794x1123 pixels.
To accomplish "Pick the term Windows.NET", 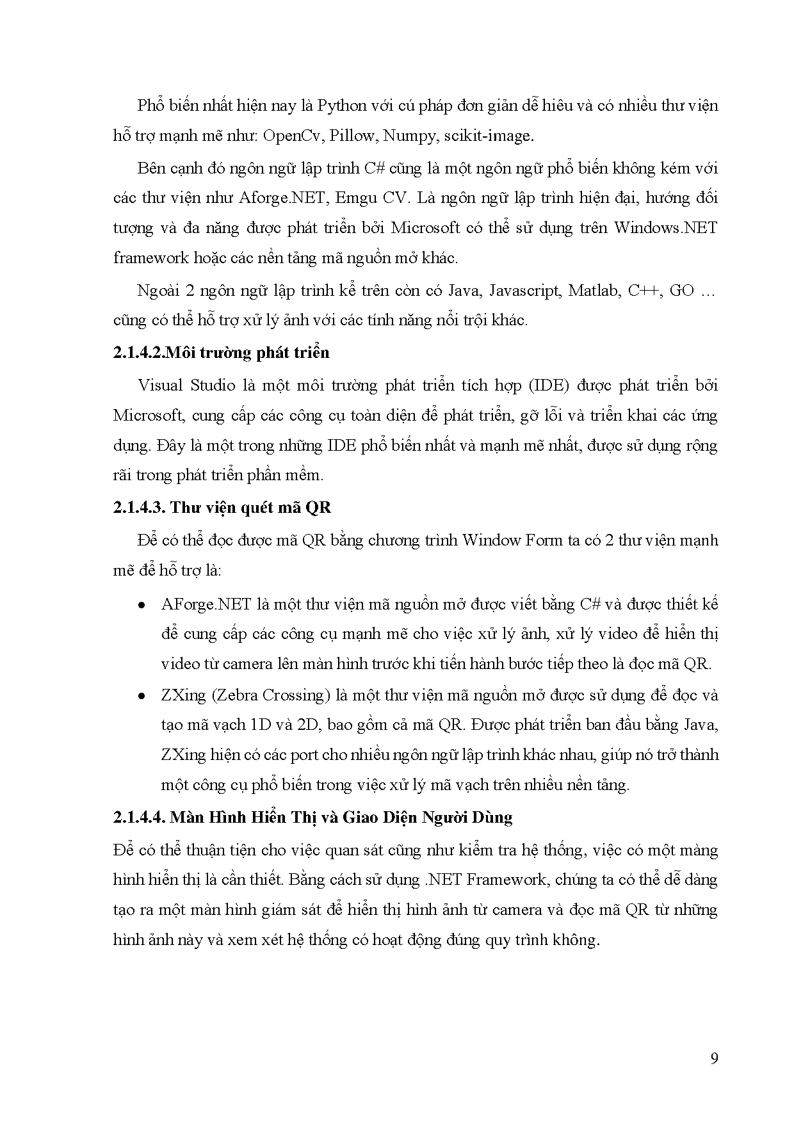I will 666,228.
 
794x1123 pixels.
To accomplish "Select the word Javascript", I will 525,291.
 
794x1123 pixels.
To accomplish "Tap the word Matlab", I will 595,291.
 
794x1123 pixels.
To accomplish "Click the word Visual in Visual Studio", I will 161,385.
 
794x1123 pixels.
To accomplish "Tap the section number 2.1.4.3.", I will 140,508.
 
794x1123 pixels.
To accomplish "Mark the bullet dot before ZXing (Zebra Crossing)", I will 142,696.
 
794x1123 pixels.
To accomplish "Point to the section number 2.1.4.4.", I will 140,818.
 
